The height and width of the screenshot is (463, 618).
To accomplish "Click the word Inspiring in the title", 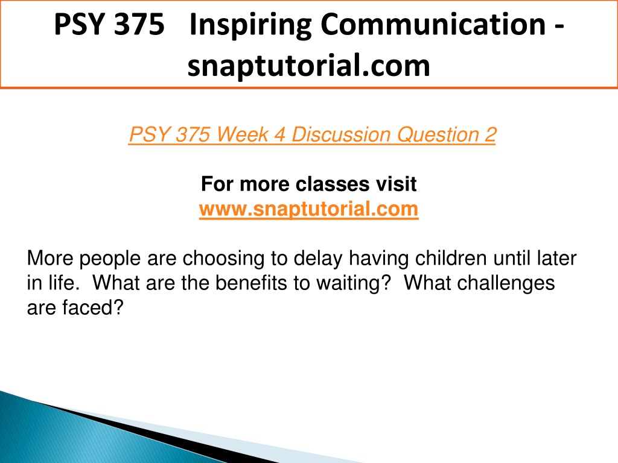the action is (x=251, y=25).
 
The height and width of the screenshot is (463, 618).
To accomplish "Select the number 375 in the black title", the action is (x=139, y=24).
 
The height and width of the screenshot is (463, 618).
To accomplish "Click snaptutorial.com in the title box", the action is (x=308, y=65).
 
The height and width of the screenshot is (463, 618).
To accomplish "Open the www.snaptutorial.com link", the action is (x=308, y=209).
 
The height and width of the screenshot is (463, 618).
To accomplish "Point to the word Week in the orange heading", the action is (x=243, y=134).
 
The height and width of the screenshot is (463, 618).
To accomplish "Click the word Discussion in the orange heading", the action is (x=341, y=134).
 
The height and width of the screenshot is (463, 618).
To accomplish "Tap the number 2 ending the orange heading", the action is (x=490, y=134).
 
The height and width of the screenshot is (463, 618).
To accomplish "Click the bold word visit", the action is (x=396, y=184).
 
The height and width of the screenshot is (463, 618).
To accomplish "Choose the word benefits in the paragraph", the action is (x=251, y=283).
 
